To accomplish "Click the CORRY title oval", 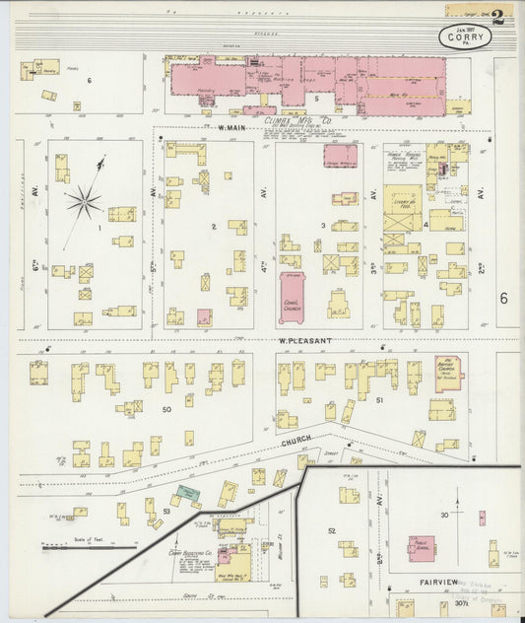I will (x=466, y=37).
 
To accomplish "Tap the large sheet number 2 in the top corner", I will (x=499, y=17).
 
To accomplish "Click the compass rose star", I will (x=84, y=202).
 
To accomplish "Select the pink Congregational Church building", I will (x=292, y=297).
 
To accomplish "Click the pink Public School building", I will (x=422, y=549).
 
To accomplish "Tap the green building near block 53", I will (x=186, y=492).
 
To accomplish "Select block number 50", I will (x=166, y=408).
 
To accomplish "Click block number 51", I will (x=378, y=400).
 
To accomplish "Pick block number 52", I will (x=331, y=531).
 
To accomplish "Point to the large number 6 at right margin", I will (x=502, y=299).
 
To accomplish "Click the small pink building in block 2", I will (x=204, y=317).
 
